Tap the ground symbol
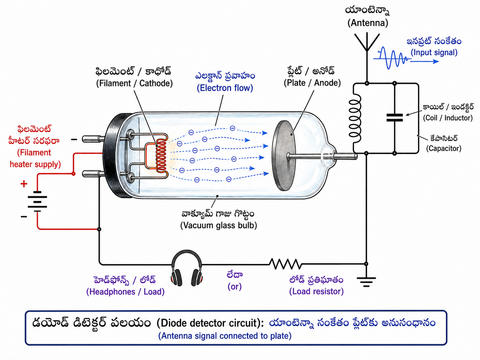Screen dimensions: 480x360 tap(366, 282)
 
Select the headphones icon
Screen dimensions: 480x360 tap(187, 268)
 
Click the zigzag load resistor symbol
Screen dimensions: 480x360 tap(285, 264)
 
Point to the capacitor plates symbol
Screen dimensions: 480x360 tap(394, 117)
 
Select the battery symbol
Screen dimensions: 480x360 tap(37, 202)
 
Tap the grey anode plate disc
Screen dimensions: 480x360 tap(284, 155)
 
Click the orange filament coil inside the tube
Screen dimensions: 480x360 tap(161, 156)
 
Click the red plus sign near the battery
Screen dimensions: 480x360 tap(24, 184)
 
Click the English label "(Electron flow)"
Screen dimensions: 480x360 tap(225, 88)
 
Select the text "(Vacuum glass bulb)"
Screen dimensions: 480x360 tap(218, 225)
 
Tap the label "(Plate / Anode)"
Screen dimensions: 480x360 tap(312, 83)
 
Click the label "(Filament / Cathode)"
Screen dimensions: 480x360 tap(135, 83)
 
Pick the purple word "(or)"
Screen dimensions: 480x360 tap(235, 286)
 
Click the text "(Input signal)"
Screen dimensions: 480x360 tap(434, 52)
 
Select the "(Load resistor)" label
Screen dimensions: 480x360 tap(317, 291)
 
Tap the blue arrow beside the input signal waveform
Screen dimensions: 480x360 tap(425, 61)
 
